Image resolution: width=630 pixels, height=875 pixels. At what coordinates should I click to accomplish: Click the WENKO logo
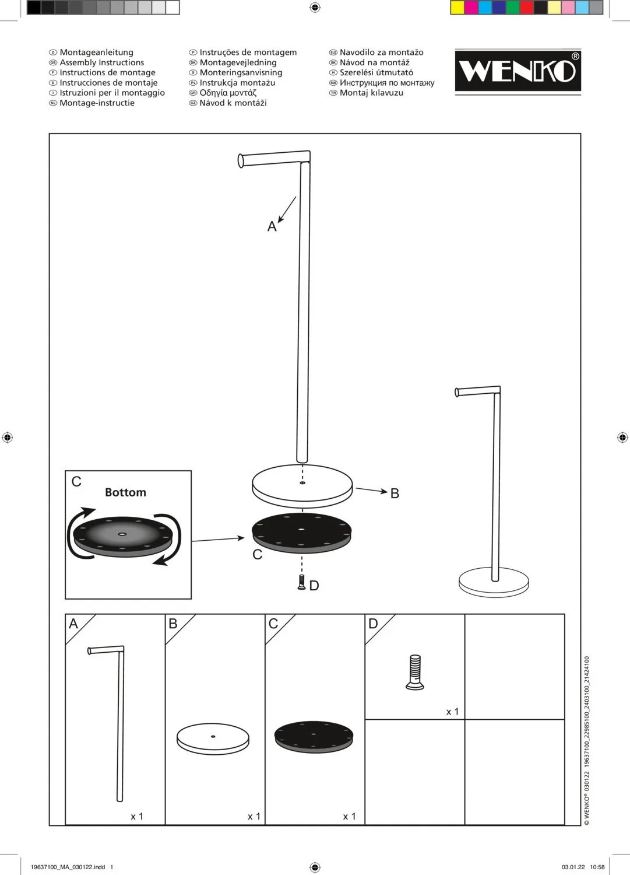tap(518, 71)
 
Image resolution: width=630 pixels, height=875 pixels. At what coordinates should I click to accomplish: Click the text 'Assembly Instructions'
tap(101, 62)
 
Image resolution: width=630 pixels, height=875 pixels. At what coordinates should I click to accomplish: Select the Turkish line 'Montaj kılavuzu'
tap(371, 93)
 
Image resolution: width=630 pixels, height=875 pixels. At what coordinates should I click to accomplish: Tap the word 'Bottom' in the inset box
tap(125, 492)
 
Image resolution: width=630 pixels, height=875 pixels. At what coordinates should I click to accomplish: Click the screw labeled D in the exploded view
tap(301, 582)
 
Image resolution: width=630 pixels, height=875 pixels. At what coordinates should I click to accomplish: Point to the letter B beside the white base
tap(395, 494)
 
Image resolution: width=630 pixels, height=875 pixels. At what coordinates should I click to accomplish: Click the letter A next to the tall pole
tap(272, 227)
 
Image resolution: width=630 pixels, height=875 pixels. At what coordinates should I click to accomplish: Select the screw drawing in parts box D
tap(414, 672)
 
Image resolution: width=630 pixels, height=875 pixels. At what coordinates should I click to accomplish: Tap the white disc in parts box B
tap(213, 738)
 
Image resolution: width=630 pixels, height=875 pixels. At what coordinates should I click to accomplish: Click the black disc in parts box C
tap(314, 736)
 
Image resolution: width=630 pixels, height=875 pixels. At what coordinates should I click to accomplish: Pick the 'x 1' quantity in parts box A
tap(137, 816)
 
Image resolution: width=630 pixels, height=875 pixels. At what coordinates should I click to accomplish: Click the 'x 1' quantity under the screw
tap(452, 712)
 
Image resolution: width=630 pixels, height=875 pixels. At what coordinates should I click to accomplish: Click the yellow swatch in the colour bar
tap(457, 8)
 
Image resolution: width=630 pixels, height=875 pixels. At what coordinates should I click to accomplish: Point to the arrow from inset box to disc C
tap(218, 540)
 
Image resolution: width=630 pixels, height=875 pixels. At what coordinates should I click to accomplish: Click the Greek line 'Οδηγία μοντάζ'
tap(228, 93)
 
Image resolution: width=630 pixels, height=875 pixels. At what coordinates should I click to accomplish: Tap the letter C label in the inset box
tap(76, 482)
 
